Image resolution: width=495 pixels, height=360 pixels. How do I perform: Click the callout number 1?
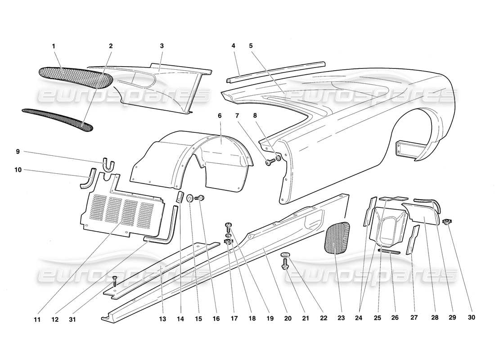[54, 45]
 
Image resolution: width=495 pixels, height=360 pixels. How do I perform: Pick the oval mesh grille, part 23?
[337, 238]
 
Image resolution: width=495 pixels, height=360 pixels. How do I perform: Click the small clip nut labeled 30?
[446, 221]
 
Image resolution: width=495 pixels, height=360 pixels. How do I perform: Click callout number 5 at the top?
[251, 45]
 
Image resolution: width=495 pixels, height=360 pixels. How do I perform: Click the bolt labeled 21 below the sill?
[285, 267]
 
